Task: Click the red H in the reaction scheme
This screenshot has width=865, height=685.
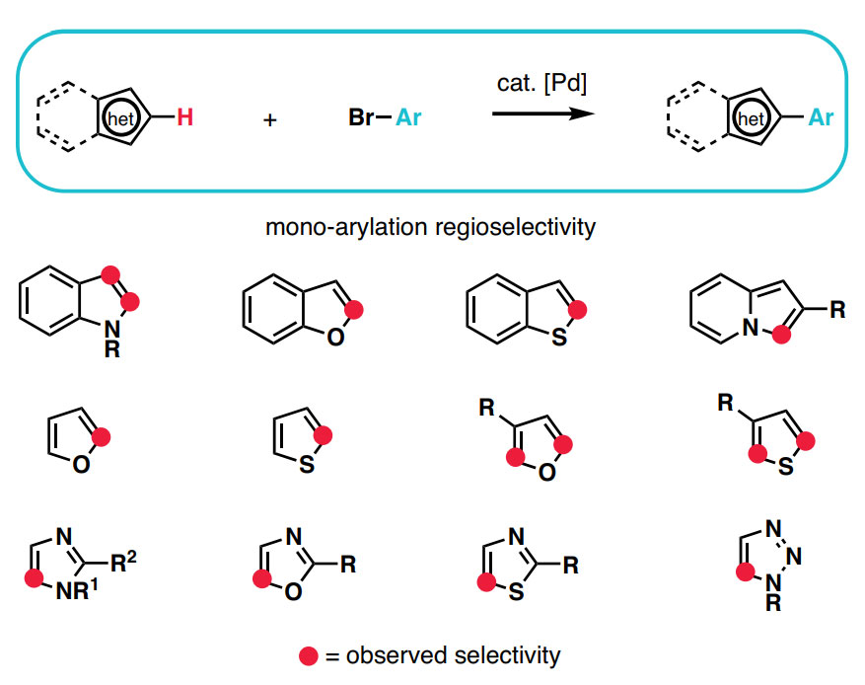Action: click(x=185, y=119)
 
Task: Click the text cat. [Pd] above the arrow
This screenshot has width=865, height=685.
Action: click(x=541, y=85)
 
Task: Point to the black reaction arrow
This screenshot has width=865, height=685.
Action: click(x=543, y=114)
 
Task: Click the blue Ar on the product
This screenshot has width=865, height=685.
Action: click(x=821, y=119)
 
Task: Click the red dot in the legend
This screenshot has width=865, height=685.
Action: click(x=309, y=655)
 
